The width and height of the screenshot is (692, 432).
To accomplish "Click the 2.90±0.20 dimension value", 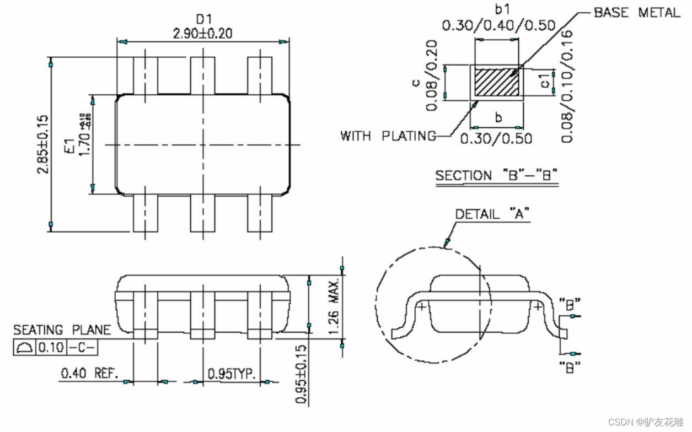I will coord(202,33).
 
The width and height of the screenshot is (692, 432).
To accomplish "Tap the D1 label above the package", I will coord(203,20).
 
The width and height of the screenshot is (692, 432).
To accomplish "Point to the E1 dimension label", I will coord(69,146).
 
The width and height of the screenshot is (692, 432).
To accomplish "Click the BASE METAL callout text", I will coord(637,13).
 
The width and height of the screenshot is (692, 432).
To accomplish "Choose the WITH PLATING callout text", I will coord(388,136).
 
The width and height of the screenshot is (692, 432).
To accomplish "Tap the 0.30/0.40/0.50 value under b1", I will coord(498,25).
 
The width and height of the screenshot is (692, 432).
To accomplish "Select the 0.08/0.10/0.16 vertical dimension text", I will coord(568,86).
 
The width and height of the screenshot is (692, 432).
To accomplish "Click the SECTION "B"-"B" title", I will coord(496,176).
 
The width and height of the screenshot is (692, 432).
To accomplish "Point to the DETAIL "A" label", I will coord(492,214).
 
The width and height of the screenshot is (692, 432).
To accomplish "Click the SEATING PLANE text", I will coord(62,330).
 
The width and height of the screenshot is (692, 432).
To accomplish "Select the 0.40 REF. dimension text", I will coord(89,374).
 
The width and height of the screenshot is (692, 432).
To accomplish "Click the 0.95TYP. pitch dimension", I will coord(232,374).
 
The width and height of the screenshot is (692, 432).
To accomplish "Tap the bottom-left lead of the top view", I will coord(146,213).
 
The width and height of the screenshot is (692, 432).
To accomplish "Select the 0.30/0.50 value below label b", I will coord(496,137).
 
